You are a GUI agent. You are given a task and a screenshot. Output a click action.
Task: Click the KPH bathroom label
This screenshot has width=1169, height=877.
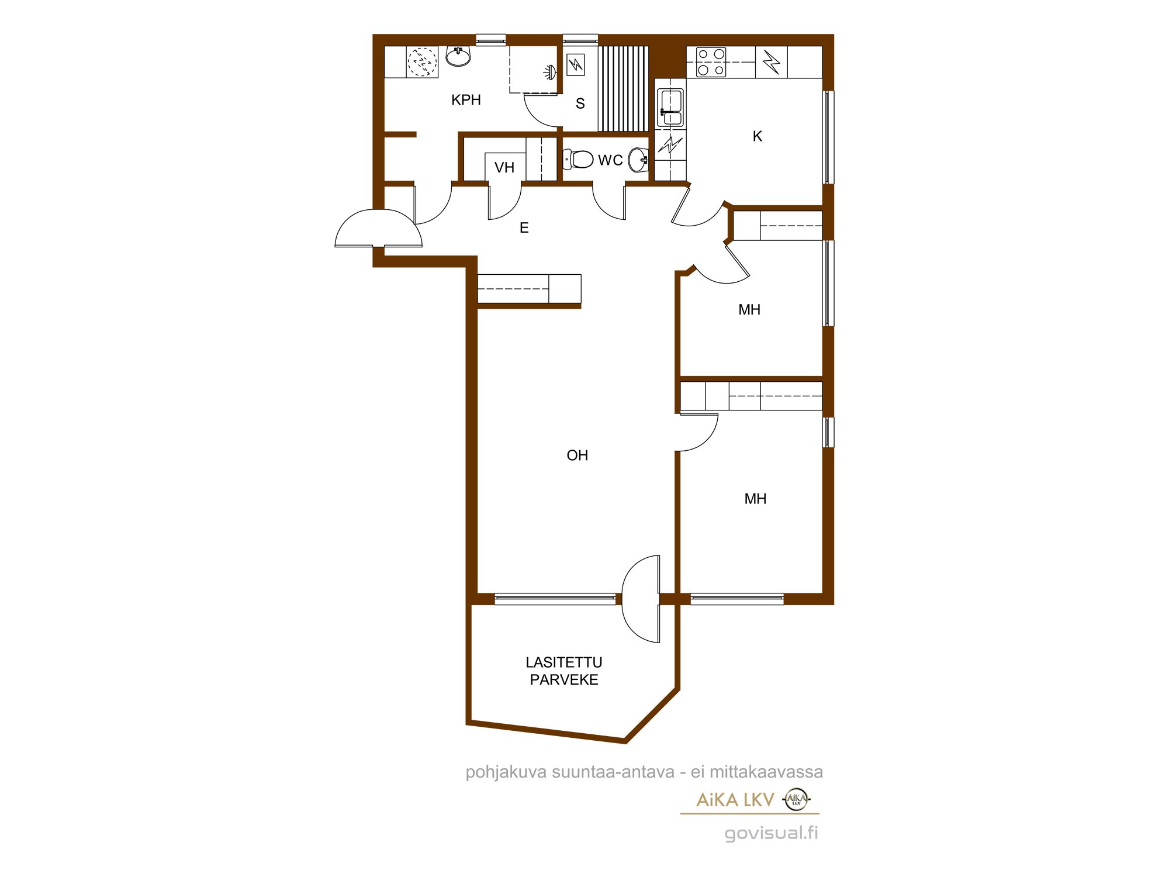coord(466,100)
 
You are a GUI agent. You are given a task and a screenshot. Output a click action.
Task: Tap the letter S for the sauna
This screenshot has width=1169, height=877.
coord(580,103)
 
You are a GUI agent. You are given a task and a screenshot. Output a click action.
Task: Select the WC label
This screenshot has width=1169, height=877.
coord(610,160)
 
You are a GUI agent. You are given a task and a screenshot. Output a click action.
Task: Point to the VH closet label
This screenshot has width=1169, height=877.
coord(504,168)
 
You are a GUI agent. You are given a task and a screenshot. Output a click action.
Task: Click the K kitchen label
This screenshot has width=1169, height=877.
coord(758,136)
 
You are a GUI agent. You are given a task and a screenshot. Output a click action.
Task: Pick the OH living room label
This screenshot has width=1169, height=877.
coord(577,455)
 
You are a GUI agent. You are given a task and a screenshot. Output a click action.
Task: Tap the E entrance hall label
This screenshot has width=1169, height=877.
coord(524,228)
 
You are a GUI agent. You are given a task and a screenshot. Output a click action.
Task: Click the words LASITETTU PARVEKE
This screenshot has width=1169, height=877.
coord(564,671)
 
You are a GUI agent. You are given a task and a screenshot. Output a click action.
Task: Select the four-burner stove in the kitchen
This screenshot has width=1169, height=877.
coord(711,62)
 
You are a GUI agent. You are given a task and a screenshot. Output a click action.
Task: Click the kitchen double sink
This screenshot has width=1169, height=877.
coord(670,108)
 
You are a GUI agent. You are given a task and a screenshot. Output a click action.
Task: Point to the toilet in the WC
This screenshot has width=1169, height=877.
coord(578,159)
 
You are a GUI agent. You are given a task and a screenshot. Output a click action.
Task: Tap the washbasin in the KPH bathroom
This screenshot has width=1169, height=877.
coord(458,57)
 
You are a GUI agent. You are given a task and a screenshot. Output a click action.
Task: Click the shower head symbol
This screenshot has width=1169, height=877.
coord(549,72)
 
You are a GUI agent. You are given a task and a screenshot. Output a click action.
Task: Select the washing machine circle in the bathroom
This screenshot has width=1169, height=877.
coord(422,61)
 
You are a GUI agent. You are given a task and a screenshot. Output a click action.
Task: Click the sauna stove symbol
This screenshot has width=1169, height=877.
coord(576,65)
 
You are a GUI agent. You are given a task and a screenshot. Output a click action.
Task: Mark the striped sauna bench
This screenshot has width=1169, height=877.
coord(623,89)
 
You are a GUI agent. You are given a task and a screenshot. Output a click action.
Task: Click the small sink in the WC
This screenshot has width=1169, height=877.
coord(638,160)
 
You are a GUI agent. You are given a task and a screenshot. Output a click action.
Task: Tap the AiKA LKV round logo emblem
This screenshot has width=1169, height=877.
coord(796,799)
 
